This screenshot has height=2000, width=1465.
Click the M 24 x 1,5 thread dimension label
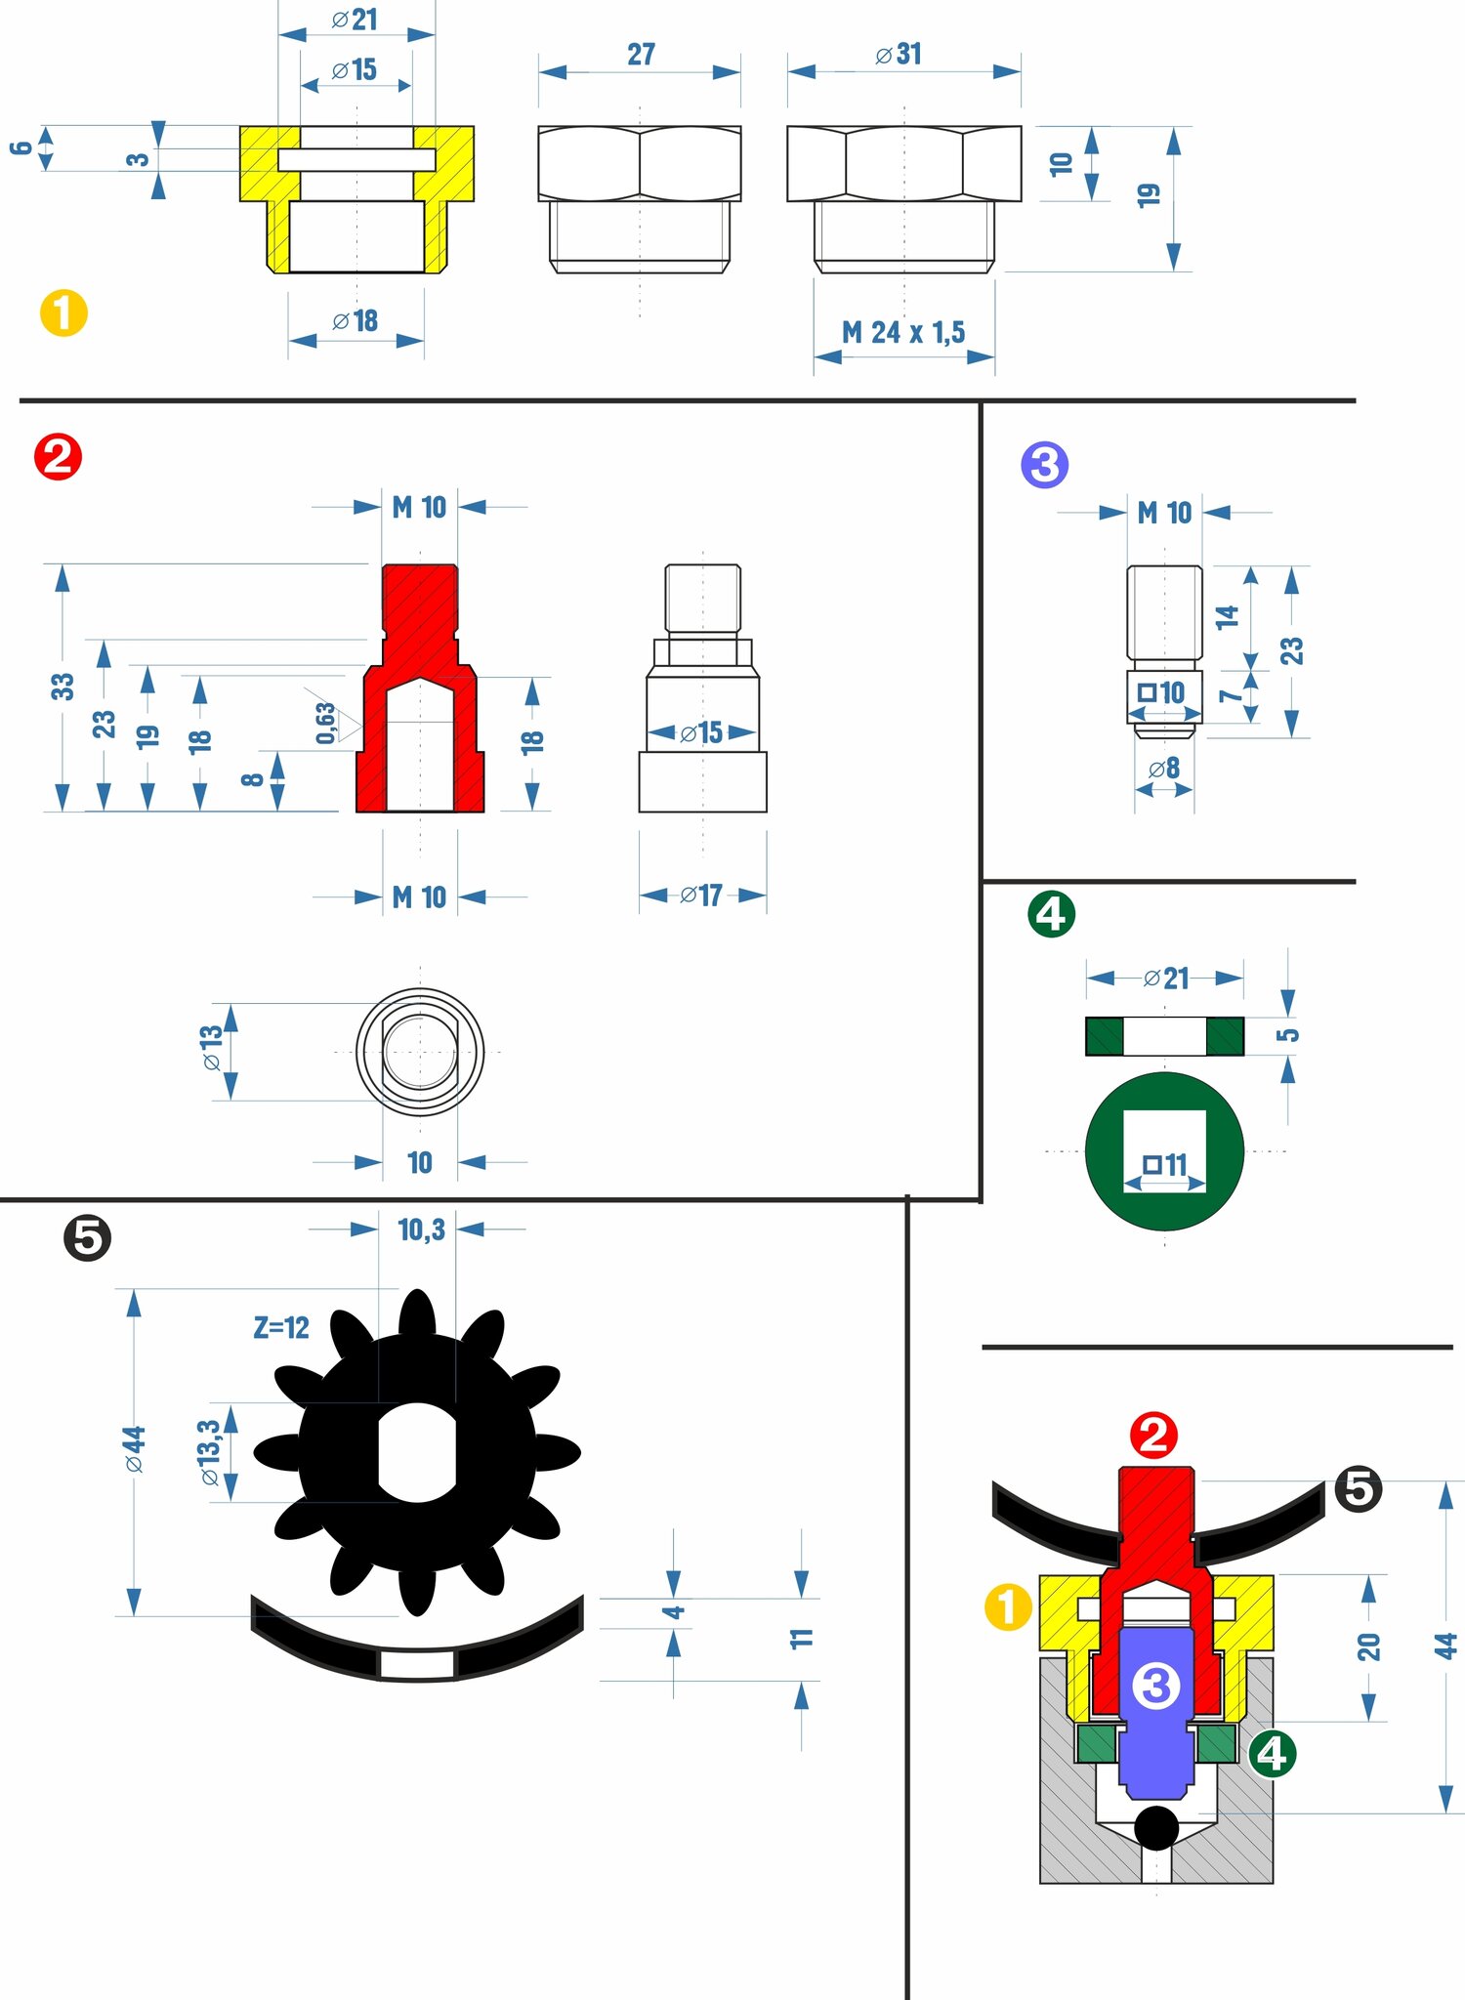[x=903, y=333]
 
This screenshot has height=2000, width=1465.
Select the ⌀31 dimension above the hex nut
[x=899, y=55]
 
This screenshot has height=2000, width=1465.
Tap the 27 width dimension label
[x=641, y=55]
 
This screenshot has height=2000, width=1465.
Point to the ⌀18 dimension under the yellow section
[x=355, y=321]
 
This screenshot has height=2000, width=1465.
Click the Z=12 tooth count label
[x=281, y=1327]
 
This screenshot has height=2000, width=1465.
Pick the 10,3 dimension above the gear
[x=421, y=1229]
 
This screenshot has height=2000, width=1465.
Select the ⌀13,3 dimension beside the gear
[x=210, y=1453]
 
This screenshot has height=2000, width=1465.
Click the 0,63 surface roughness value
[x=325, y=723]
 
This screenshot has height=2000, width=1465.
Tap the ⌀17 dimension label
[x=701, y=896]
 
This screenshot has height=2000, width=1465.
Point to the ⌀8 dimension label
[x=1164, y=769]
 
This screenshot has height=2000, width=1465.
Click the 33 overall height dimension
[x=63, y=687]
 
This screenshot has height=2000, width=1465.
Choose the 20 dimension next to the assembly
[x=1368, y=1646]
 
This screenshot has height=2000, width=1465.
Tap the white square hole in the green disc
[x=1164, y=1151]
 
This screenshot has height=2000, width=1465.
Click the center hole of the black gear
[x=417, y=1453]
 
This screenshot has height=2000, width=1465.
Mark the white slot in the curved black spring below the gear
[x=417, y=1665]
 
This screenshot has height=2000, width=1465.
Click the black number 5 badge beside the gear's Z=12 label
[x=88, y=1238]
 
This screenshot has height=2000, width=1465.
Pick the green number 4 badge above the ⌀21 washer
[x=1052, y=914]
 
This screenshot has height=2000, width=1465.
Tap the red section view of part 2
[x=420, y=687]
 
